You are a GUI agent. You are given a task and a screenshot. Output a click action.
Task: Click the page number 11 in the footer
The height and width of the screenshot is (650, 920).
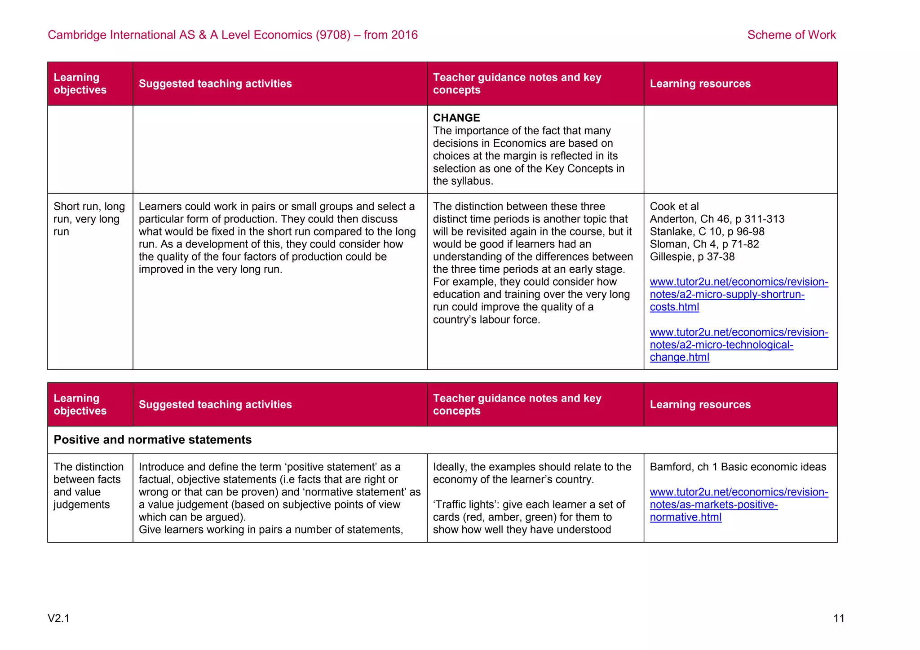pyautogui.click(x=839, y=618)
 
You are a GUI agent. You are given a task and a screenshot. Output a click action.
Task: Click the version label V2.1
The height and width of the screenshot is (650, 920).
pyautogui.click(x=58, y=619)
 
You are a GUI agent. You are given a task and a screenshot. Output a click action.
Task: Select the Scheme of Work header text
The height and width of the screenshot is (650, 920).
pyautogui.click(x=791, y=35)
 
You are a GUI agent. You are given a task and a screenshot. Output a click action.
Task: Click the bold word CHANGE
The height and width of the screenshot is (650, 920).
pyautogui.click(x=456, y=118)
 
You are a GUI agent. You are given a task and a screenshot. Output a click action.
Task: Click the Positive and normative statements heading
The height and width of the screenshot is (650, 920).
pyautogui.click(x=152, y=439)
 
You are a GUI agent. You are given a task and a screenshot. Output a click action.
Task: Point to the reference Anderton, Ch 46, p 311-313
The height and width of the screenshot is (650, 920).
pyautogui.click(x=717, y=219)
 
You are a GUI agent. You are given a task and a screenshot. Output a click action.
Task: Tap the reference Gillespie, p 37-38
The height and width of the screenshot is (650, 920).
pyautogui.click(x=692, y=257)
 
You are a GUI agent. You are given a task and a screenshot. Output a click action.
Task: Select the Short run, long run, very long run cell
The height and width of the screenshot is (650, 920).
pyautogui.click(x=89, y=219)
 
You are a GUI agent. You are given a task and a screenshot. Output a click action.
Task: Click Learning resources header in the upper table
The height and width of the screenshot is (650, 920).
pyautogui.click(x=700, y=84)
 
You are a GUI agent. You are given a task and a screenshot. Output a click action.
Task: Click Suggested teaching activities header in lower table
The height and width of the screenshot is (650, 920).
pyautogui.click(x=215, y=404)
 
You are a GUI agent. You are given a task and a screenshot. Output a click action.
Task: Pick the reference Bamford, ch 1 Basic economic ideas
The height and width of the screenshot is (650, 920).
pyautogui.click(x=738, y=467)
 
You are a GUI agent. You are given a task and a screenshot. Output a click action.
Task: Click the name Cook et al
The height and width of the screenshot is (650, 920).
pyautogui.click(x=674, y=207)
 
